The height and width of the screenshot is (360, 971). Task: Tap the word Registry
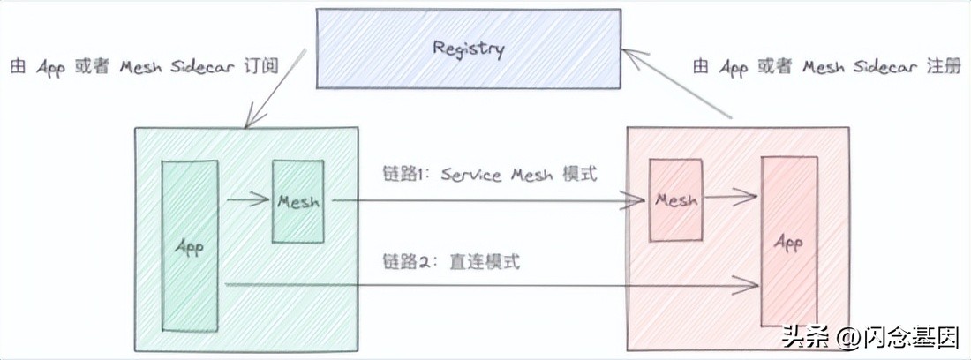(468, 48)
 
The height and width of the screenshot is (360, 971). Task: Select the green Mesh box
(297, 201)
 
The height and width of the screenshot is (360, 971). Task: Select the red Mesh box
(675, 200)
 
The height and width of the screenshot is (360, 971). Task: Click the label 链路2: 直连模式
(451, 261)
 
